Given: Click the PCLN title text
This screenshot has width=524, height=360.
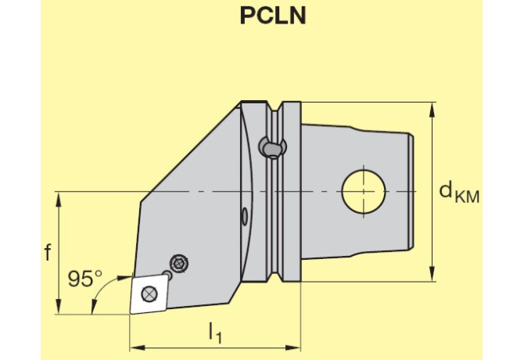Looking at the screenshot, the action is [x=273, y=16].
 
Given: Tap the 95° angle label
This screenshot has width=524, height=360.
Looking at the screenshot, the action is [x=85, y=279].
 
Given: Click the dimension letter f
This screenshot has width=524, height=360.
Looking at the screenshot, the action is [x=48, y=252].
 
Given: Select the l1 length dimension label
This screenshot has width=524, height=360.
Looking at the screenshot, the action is [x=215, y=333].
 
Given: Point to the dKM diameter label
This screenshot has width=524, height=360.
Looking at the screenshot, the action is [x=459, y=193].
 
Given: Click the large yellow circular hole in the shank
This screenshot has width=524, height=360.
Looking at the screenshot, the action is [x=364, y=192].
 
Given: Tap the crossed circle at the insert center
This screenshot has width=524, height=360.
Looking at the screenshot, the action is [x=149, y=293].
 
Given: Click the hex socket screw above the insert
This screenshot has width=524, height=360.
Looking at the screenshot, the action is [x=179, y=264].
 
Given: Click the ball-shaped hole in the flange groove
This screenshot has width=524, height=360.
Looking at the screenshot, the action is [x=273, y=147].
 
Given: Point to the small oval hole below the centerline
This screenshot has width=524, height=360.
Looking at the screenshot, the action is [x=245, y=215].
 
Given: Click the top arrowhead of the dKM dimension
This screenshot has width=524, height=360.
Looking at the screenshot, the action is [x=432, y=110].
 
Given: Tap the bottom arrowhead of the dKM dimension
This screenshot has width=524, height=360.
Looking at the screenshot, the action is [x=432, y=274].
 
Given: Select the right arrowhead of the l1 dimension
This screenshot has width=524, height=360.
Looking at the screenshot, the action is [x=293, y=348].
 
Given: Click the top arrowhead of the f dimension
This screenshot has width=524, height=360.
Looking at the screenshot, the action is [x=59, y=200].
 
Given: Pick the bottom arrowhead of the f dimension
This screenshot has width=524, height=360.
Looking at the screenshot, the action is [x=59, y=307].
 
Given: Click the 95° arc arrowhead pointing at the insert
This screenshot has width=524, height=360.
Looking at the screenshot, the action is [x=125, y=277].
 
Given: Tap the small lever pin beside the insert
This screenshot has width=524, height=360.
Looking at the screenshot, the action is [x=167, y=275].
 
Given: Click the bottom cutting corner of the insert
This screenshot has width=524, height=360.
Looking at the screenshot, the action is [x=131, y=314].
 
